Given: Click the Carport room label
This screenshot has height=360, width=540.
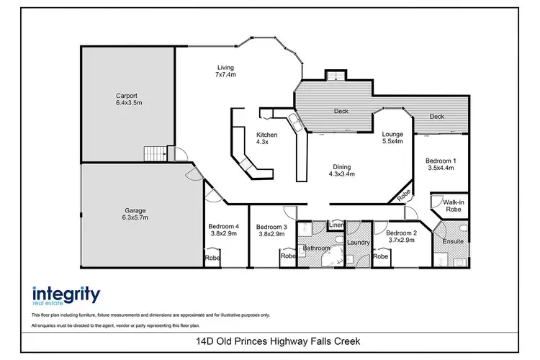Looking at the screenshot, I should coord(129,99).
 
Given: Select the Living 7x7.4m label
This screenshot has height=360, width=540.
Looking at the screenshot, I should coord(225,71).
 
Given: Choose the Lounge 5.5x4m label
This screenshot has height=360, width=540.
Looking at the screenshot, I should coord(392,138).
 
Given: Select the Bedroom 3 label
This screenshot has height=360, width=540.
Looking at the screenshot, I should coord(271,232).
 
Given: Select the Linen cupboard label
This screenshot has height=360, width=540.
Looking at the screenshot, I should coord(336,225).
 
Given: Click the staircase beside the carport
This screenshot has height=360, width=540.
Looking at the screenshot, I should coord(155,153).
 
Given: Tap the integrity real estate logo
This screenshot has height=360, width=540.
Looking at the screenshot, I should coord(66,297).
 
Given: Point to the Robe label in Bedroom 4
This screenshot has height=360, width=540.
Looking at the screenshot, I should coord(212,257).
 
